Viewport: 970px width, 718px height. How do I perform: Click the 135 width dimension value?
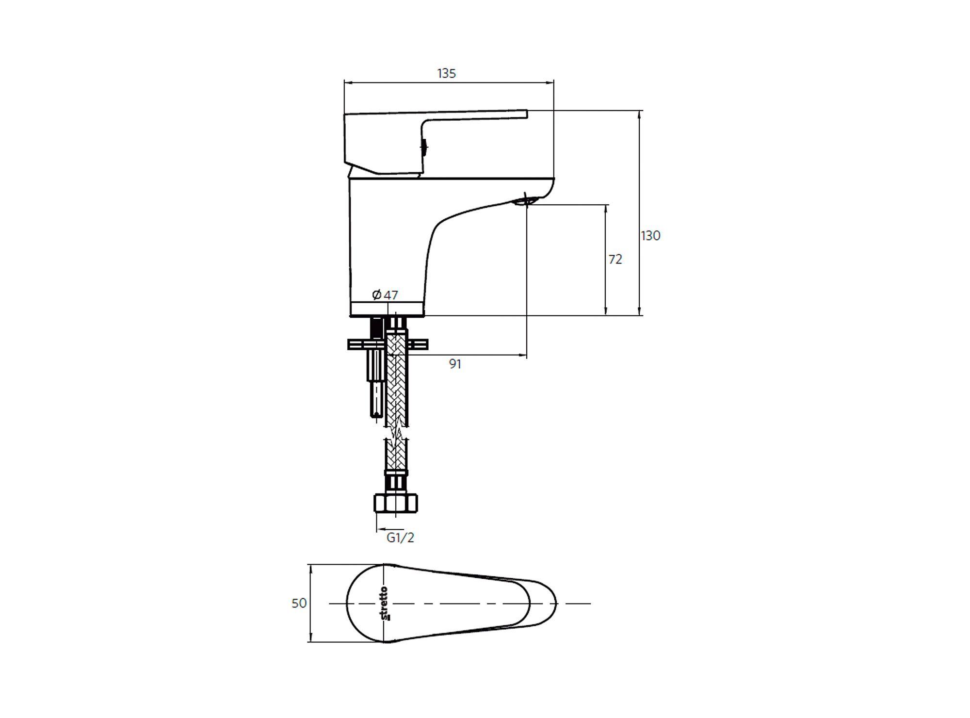(447, 73)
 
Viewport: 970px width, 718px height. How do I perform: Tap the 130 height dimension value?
(651, 236)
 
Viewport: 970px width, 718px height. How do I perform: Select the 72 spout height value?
(615, 260)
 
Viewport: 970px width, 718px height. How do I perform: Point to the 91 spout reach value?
(455, 364)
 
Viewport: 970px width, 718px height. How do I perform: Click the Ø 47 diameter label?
(385, 294)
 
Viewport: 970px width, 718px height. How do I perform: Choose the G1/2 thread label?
(401, 538)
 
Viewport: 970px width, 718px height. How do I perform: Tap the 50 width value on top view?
(299, 603)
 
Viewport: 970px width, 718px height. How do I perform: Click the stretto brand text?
(384, 604)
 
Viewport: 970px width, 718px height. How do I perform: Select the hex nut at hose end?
(396, 503)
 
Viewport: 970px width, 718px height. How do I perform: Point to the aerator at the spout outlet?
(525, 199)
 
